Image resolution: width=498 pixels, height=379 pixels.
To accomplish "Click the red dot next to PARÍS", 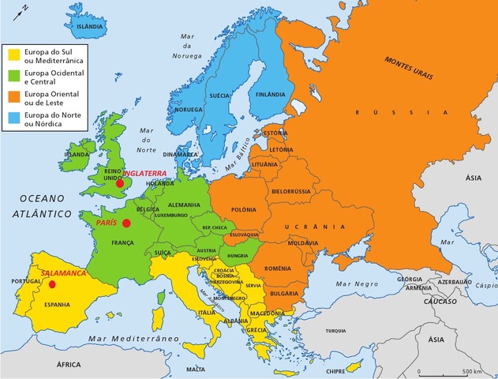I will point(126,223).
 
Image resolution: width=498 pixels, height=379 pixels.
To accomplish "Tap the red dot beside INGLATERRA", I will point(120,184).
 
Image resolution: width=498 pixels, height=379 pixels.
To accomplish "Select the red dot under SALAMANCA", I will point(52,283).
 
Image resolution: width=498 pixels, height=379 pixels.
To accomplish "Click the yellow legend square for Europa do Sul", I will point(13,55).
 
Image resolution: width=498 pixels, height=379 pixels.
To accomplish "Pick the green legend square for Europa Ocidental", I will point(13,77).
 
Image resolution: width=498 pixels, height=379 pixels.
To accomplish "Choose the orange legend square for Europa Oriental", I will point(13,98).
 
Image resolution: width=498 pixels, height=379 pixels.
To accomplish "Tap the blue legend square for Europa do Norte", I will point(13,119).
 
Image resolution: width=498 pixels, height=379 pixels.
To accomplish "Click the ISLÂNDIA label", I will point(89,27).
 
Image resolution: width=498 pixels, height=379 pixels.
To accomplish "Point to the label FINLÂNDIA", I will point(269,94).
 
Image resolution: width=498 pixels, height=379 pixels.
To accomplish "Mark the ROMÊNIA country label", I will point(279,270).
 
